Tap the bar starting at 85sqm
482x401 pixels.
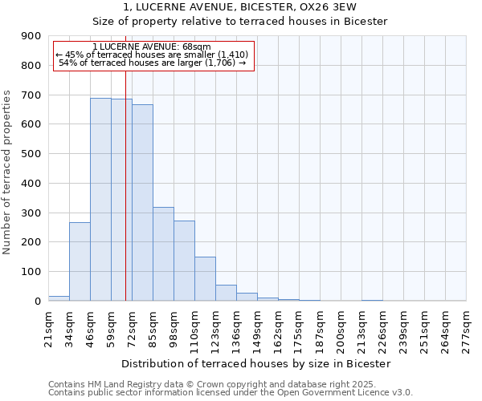163,253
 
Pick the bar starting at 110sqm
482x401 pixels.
205,278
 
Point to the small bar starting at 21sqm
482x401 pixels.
59,298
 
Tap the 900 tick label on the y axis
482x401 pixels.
31,36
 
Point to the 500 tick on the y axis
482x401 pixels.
31,154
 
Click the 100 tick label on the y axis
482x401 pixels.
31,272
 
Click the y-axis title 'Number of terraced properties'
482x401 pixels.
7,172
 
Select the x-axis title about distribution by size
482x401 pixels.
255,363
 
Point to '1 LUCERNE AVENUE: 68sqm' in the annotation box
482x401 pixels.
153,47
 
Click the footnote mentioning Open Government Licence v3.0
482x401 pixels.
231,393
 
